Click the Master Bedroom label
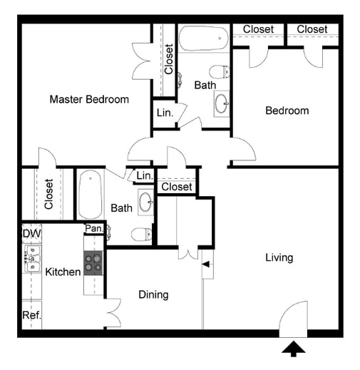(89, 99)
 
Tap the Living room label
(279, 257)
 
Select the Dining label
(153, 294)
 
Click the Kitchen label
(63, 272)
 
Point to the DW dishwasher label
(31, 233)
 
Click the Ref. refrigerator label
(31, 315)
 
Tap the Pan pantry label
(93, 228)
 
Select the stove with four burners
(93, 263)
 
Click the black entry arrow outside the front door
(293, 348)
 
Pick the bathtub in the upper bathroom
(203, 38)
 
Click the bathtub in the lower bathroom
(90, 195)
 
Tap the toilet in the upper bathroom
(220, 71)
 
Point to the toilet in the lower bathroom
(143, 233)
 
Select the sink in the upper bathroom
(221, 103)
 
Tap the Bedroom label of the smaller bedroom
(287, 111)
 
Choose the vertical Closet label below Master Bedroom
(48, 194)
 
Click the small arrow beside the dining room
(206, 265)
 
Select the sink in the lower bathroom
(145, 201)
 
